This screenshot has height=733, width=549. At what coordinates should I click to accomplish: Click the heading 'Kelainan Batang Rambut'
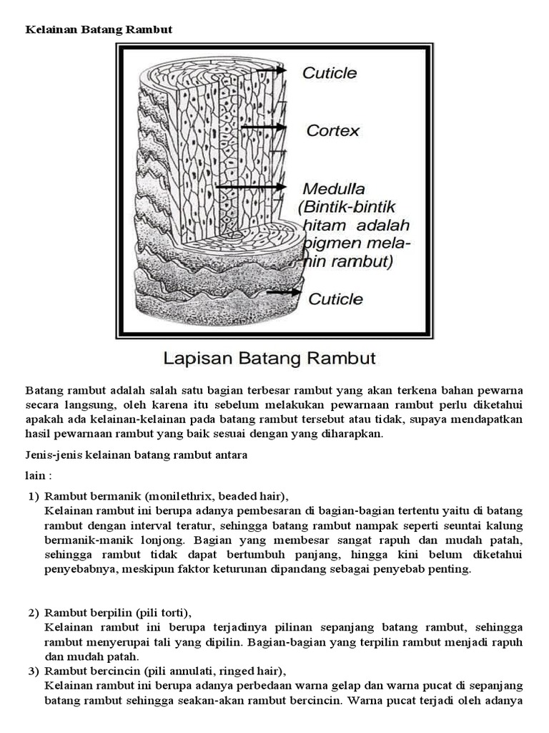(x=99, y=29)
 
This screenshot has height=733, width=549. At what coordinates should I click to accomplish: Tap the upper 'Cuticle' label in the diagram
(x=330, y=73)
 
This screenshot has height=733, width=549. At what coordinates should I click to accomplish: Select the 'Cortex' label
(x=332, y=131)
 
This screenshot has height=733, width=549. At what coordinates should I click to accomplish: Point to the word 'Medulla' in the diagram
(x=334, y=190)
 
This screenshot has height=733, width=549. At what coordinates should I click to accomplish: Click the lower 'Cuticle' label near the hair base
(x=335, y=298)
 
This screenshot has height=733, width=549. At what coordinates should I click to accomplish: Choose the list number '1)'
(x=34, y=496)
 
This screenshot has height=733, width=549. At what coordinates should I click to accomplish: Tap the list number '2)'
(x=34, y=613)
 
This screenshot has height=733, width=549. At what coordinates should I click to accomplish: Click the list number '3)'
(x=34, y=671)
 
